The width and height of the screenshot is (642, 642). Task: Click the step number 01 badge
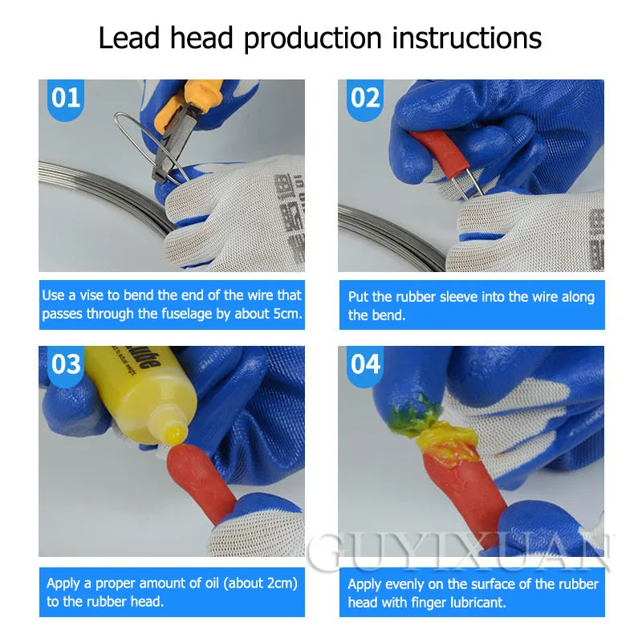[66, 100]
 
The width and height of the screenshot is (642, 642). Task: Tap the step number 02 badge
[365, 100]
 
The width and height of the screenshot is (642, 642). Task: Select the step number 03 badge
[66, 366]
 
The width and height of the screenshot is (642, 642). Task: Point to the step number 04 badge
[365, 366]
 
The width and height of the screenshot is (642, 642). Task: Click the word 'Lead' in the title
[129, 38]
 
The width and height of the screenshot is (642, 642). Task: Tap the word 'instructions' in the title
[467, 38]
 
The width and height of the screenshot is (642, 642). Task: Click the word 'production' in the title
[313, 39]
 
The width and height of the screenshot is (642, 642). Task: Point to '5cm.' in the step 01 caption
[288, 314]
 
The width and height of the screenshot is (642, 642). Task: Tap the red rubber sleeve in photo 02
[439, 150]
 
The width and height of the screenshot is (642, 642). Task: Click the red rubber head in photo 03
[199, 482]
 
